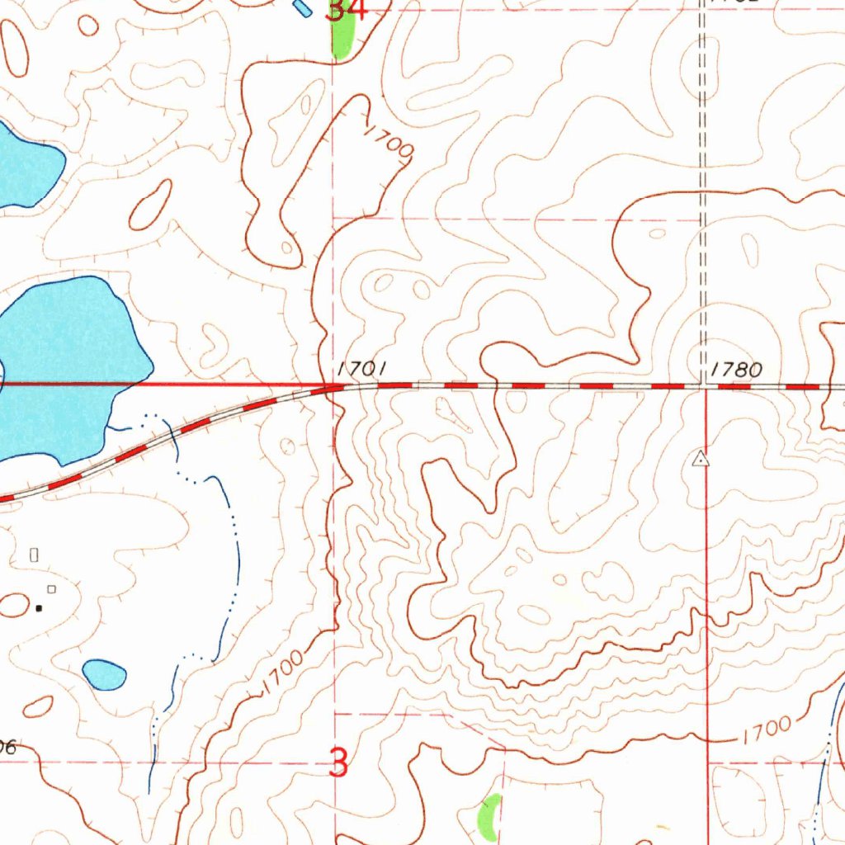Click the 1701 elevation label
tap(361, 369)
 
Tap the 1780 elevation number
tap(736, 370)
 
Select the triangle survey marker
tap(701, 458)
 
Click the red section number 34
tap(346, 10)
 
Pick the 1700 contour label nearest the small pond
tap(281, 673)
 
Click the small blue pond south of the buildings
tap(104, 674)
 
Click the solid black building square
tap(38, 608)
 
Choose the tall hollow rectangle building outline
tap(34, 555)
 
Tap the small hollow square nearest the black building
tap(51, 588)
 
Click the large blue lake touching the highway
tap(66, 363)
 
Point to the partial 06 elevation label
tap(7, 748)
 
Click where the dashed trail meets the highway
tap(701, 385)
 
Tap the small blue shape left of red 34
tap(303, 8)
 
